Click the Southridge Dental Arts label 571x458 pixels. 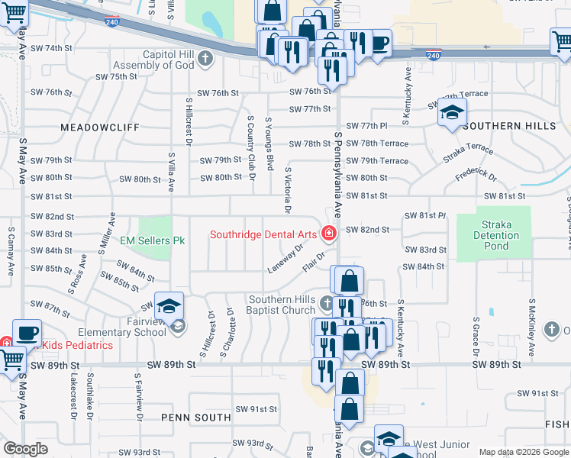tap(265, 234)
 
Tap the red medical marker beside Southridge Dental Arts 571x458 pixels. tap(329, 234)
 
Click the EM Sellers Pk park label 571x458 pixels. tap(153, 240)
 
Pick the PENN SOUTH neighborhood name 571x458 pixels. tap(196, 418)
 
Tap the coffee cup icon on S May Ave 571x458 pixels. tap(27, 334)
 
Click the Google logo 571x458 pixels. tap(26, 449)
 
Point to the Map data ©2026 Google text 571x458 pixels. tap(523, 452)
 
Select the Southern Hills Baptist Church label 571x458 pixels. tap(281, 305)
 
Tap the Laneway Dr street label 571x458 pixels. tap(285, 257)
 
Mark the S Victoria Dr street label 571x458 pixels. tap(288, 191)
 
